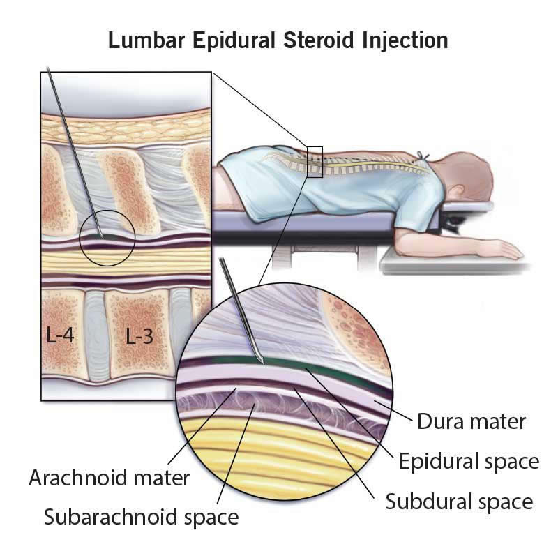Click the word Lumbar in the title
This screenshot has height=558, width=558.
(146, 40)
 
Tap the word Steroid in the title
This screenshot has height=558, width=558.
(319, 40)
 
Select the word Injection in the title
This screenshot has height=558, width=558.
(405, 41)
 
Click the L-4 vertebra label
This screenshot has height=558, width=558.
(60, 335)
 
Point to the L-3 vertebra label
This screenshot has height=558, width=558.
(139, 336)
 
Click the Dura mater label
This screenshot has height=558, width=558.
(472, 421)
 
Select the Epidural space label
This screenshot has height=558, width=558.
(469, 462)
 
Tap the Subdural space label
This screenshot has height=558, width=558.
(459, 502)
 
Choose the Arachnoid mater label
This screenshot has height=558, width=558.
(109, 478)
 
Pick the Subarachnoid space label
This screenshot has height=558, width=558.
(141, 517)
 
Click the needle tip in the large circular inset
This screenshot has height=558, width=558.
(263, 363)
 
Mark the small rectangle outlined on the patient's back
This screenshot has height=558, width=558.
(315, 162)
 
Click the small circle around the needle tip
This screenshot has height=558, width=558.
(107, 238)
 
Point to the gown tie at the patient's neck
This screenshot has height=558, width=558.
(422, 156)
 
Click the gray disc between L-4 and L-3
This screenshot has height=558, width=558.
(96, 335)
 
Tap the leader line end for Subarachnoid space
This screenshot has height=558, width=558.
(254, 405)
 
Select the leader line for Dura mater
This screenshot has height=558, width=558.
(393, 411)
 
